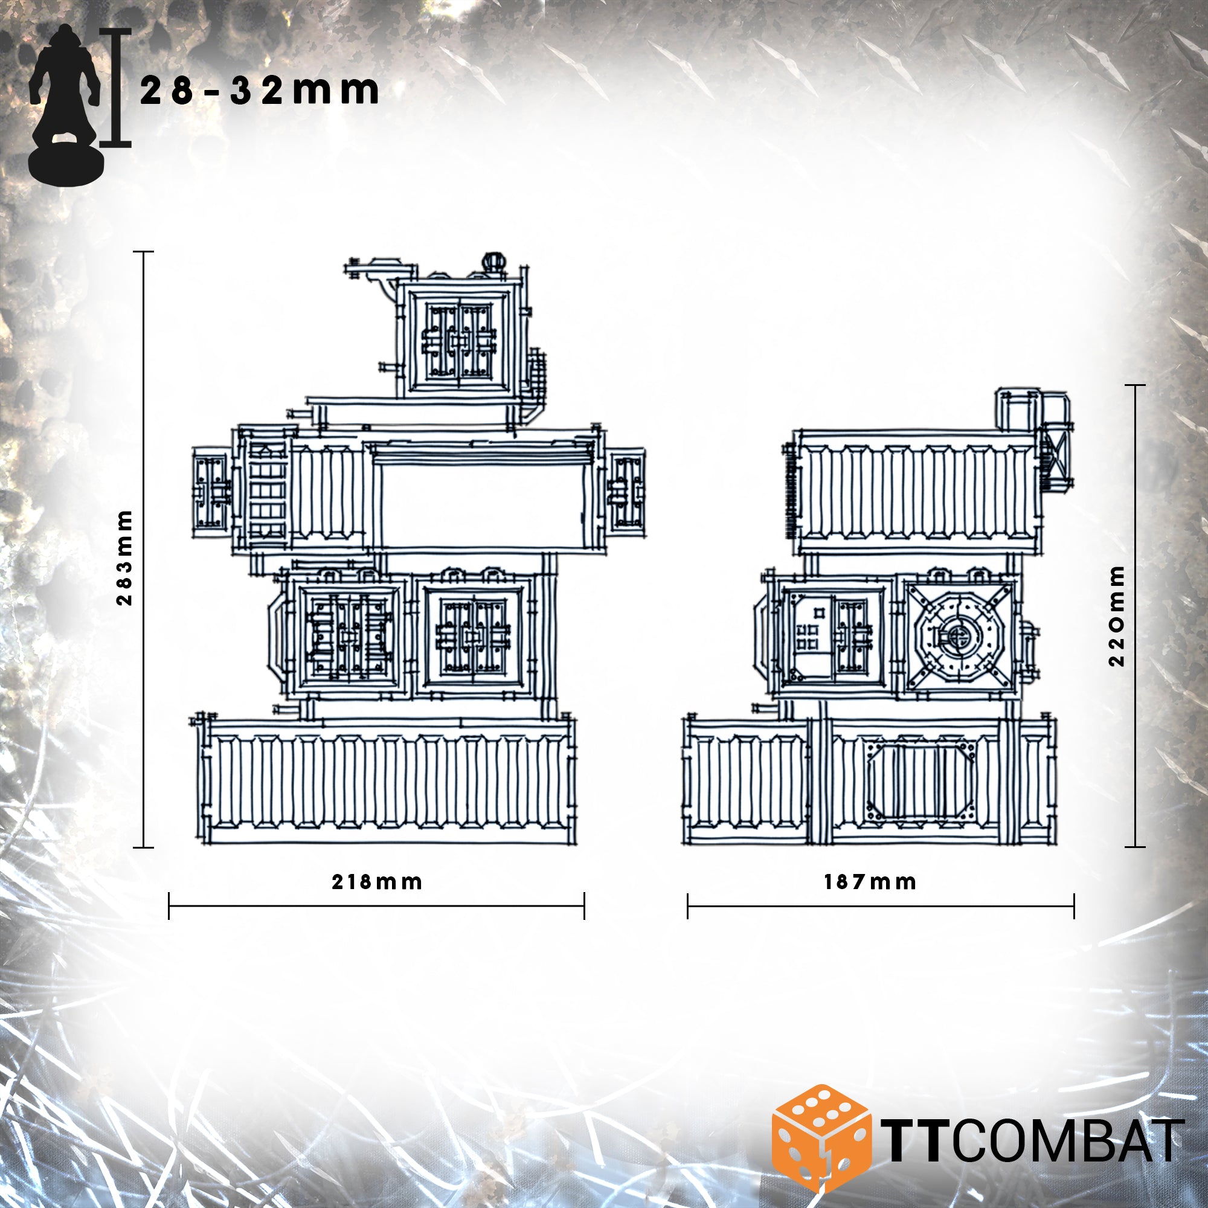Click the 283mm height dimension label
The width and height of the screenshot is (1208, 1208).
point(125,558)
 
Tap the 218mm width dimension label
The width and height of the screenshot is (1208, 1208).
point(376,882)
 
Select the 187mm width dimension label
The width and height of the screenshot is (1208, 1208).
point(870,882)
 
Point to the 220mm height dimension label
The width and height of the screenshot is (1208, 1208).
point(1117,616)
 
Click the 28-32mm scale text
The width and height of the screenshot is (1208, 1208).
point(260,91)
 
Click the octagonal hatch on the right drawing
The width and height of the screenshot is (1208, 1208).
point(957,637)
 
